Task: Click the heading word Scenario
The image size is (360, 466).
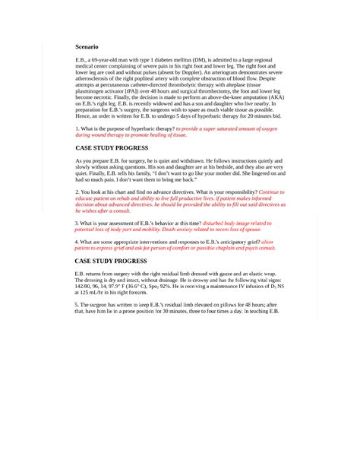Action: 87,46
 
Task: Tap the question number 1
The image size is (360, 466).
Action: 77,129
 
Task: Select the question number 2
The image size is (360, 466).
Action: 77,192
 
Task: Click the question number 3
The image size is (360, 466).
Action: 77,223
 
